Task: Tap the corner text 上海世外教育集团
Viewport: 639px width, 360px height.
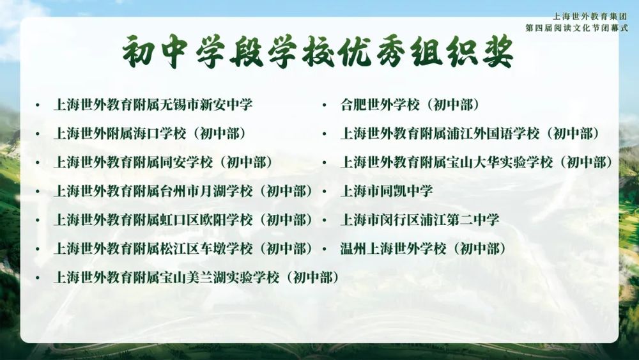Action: point(590,17)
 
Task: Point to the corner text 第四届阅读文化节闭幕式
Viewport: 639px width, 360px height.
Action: point(576,28)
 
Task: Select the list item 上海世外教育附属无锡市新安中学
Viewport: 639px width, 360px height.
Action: point(153,105)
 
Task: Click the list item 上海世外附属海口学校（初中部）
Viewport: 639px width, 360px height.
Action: point(150,133)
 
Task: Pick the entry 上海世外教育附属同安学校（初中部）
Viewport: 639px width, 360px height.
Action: point(163,162)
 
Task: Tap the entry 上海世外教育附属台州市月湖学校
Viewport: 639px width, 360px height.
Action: point(153,191)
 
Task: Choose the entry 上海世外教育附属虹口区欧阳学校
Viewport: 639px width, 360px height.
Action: point(153,220)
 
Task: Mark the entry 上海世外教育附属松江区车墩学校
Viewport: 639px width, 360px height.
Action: point(153,249)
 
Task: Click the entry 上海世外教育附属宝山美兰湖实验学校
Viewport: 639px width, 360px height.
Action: point(167,278)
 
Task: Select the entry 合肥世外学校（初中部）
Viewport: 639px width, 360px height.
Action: point(410,105)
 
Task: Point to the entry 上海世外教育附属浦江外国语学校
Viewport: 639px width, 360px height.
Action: point(440,133)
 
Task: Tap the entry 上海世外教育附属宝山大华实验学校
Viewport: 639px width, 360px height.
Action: point(447,162)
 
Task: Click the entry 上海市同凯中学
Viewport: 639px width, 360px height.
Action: point(387,191)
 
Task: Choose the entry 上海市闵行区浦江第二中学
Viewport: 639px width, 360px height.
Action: point(420,220)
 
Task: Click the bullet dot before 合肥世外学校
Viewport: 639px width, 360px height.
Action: point(325,106)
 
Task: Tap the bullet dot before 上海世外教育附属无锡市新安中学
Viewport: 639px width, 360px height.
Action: point(38,106)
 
